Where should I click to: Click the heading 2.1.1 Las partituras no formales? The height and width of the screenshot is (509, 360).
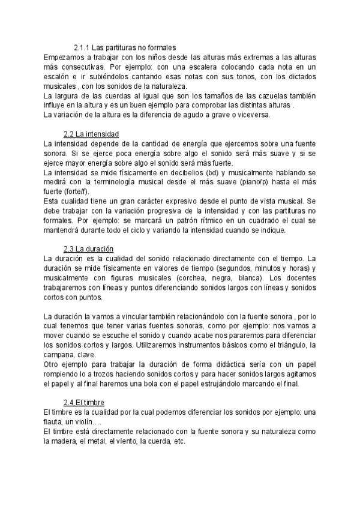pos(124,48)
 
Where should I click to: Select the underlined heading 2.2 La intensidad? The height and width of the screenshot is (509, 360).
pos(91,133)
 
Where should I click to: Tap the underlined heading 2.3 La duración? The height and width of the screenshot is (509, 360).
pos(89,248)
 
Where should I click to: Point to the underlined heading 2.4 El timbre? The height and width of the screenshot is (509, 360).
pos(85,402)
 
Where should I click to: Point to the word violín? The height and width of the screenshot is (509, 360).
pos(91,422)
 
